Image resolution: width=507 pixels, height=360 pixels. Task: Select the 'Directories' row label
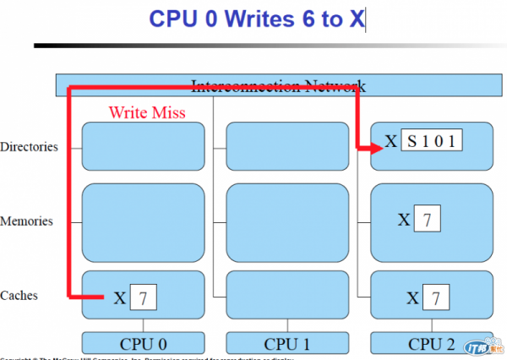(x=30, y=147)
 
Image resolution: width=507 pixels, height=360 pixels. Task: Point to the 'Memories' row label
(x=27, y=221)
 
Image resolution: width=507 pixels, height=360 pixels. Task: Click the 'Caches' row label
(x=21, y=296)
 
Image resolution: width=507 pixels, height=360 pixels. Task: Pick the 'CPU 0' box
(x=143, y=344)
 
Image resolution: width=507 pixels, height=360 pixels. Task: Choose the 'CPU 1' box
(x=286, y=344)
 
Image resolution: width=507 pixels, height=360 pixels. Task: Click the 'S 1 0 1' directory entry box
(x=432, y=141)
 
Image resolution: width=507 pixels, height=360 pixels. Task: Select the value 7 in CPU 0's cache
(x=143, y=297)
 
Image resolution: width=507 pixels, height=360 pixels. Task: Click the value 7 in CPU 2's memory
(x=428, y=221)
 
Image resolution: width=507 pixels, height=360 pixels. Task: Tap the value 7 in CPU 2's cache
(x=435, y=297)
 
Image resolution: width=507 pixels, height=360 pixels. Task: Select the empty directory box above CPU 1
(x=286, y=146)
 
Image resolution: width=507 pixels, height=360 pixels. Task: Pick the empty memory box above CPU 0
(x=143, y=222)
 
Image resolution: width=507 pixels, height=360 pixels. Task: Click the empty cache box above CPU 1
(x=286, y=296)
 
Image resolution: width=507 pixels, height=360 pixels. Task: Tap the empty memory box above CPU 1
(x=286, y=222)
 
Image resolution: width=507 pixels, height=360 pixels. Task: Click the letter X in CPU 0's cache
(x=119, y=297)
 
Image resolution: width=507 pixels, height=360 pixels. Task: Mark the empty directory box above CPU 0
(x=143, y=146)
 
